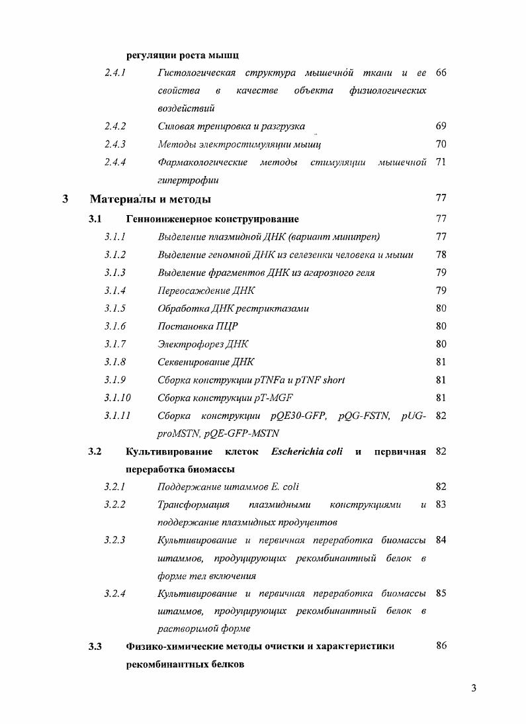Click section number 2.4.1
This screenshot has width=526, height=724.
114,72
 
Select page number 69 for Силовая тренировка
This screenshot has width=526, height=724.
441,126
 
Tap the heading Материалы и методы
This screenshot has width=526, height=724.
150,199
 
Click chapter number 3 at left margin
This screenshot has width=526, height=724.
64,199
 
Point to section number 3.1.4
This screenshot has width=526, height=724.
114,291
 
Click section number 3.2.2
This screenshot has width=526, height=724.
114,505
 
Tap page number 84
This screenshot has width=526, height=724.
441,539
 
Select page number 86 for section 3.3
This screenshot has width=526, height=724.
441,646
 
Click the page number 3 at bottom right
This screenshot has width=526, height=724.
473,688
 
